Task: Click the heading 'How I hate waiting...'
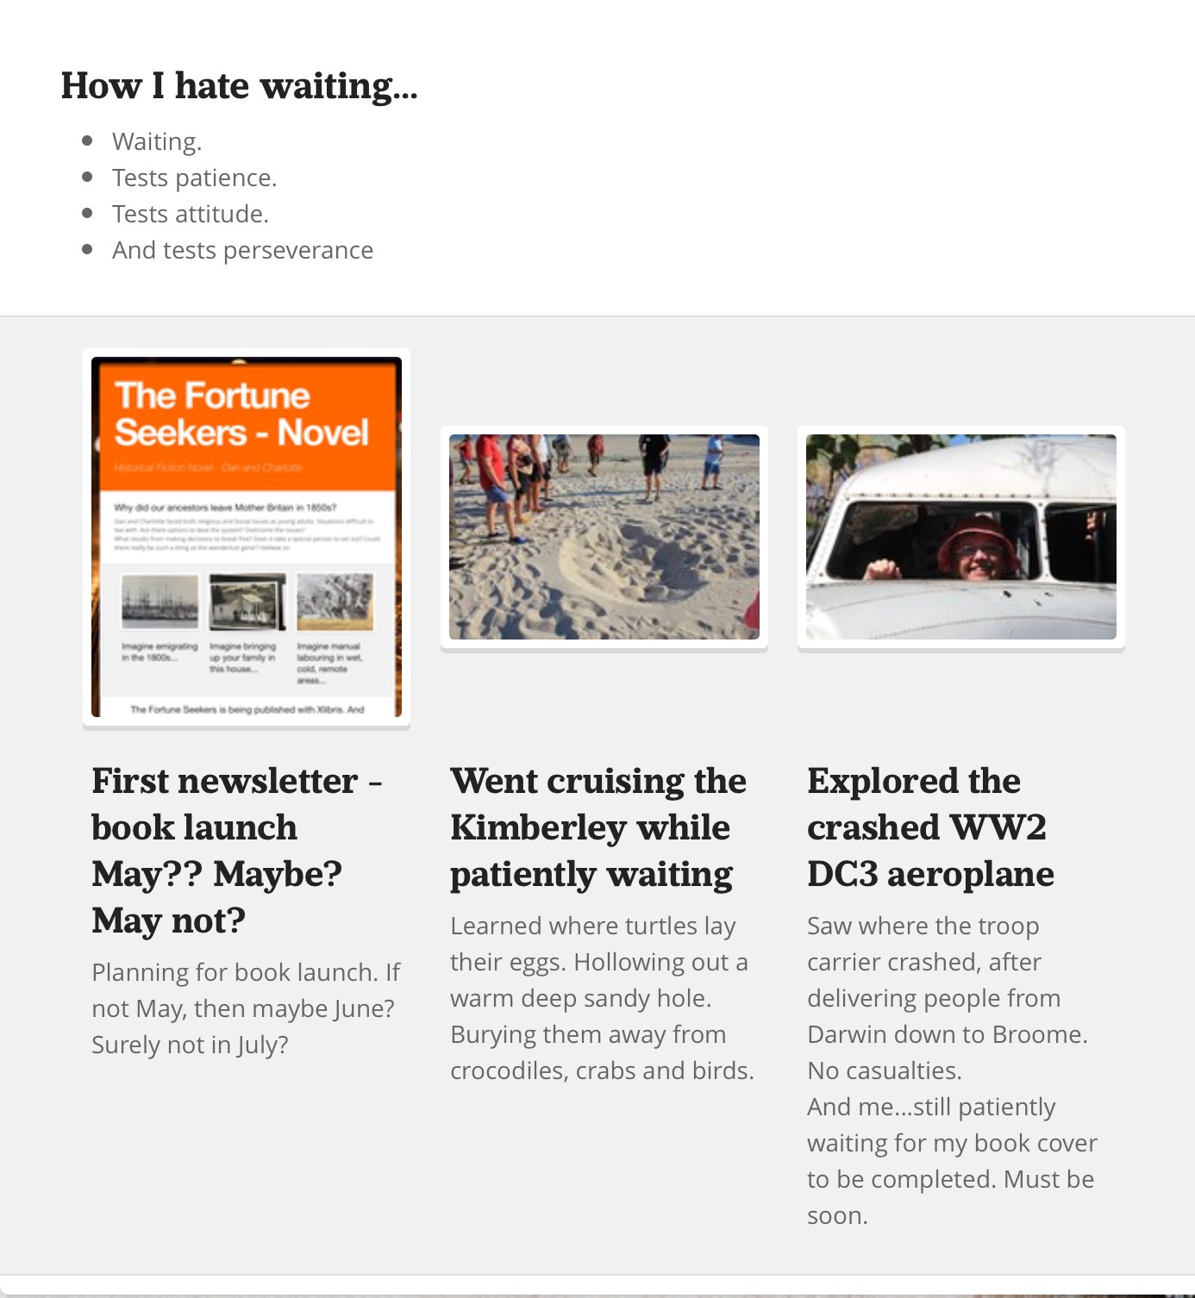pyautogui.click(x=239, y=86)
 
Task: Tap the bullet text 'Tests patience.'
pyautogui.click(x=194, y=178)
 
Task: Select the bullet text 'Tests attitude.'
pyautogui.click(x=190, y=214)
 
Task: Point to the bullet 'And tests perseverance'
pyautogui.click(x=242, y=250)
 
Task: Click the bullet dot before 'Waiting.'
pyautogui.click(x=87, y=140)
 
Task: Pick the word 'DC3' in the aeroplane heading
pyautogui.click(x=842, y=874)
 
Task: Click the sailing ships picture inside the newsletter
pyautogui.click(x=160, y=602)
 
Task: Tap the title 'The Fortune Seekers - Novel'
pyautogui.click(x=241, y=414)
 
